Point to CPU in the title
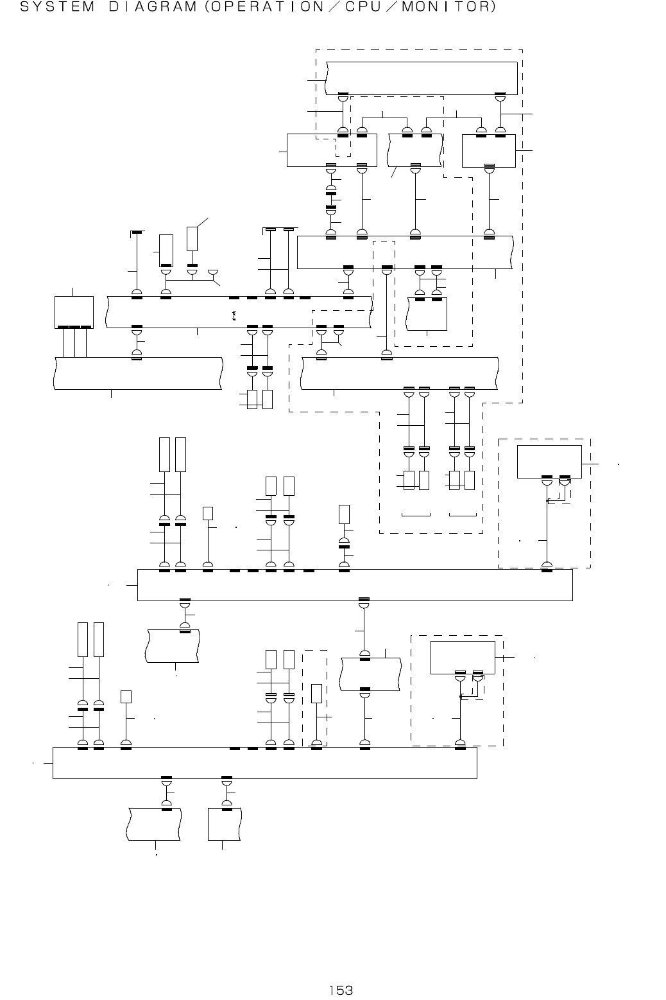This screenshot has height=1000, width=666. pos(380,8)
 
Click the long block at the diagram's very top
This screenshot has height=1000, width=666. pos(422,78)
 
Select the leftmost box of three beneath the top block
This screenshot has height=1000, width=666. pos(331,150)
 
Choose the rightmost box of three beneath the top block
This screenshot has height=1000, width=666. pos(489,150)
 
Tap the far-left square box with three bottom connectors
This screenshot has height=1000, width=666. pos(74,311)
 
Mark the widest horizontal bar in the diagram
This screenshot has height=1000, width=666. pos(355,585)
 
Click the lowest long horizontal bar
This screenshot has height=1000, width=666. pos(264,763)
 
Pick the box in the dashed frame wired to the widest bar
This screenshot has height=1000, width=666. pos(549,461)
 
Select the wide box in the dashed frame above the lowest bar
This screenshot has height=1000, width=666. pos(462,657)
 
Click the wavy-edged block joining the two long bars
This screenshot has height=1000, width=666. pos(371,674)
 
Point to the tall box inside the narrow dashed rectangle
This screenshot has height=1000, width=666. pos(316,694)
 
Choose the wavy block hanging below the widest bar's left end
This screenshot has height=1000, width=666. pos(173,646)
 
